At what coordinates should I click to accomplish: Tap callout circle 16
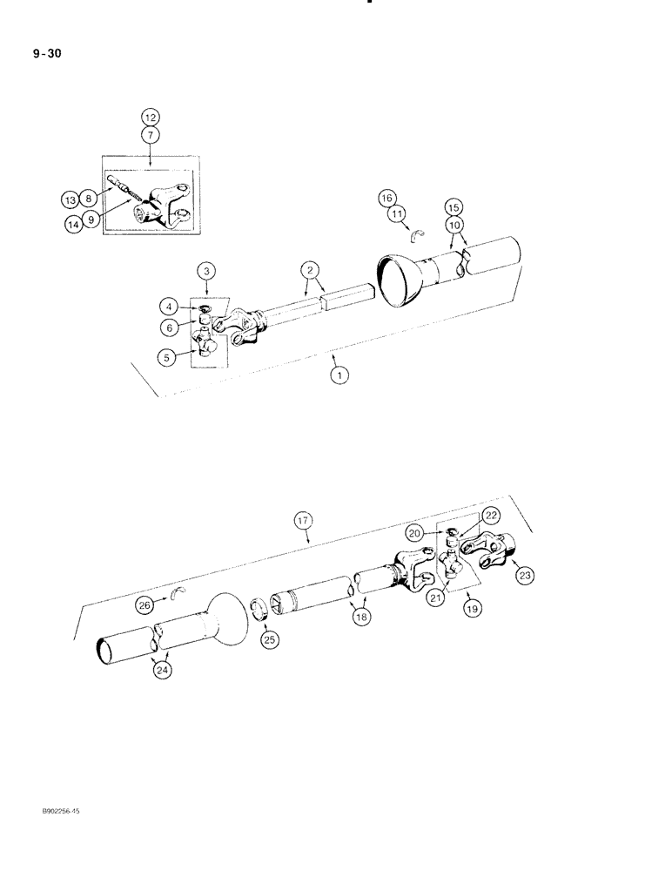point(386,199)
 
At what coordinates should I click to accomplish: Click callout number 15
point(453,209)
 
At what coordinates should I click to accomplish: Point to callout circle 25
point(269,639)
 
